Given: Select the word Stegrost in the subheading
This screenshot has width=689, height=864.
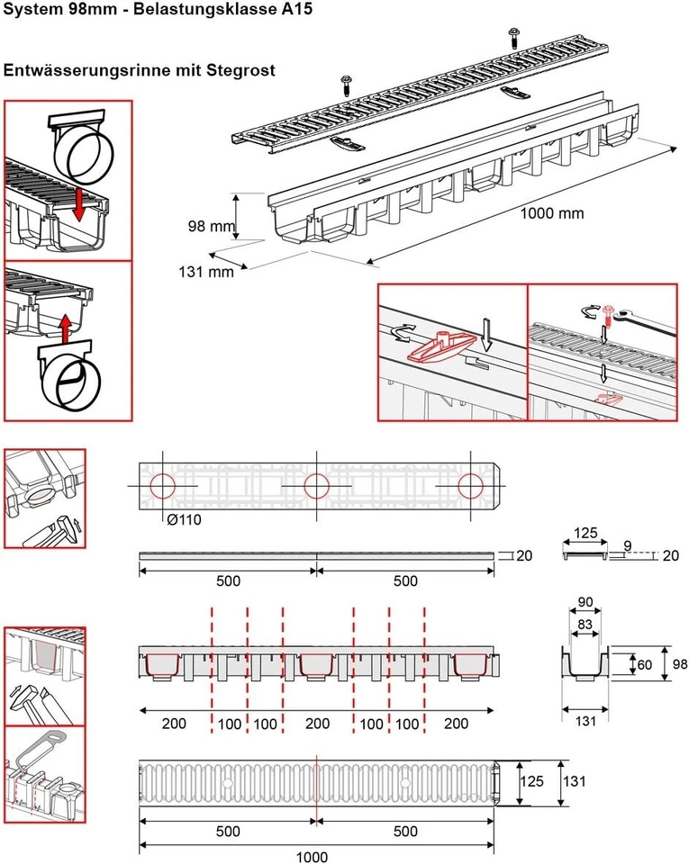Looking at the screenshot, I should click(x=238, y=69).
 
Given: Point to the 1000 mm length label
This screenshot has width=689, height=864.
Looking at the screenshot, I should click(x=552, y=214).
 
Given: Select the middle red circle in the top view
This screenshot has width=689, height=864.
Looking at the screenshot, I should click(x=315, y=487).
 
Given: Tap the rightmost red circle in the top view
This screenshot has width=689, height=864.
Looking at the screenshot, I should click(x=469, y=487).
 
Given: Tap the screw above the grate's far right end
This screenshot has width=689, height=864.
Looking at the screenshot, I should click(x=513, y=36).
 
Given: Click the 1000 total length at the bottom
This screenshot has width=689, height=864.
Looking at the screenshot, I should click(x=315, y=856).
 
